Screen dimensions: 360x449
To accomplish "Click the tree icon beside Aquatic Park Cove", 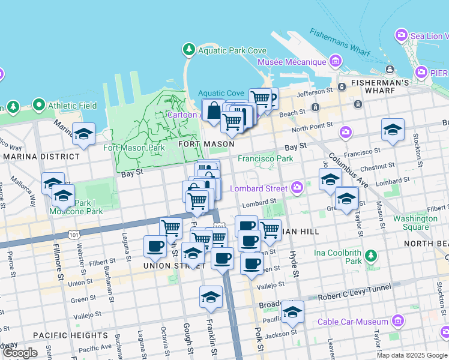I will click(x=189, y=49).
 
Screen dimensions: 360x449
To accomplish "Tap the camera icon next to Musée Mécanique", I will click(x=335, y=61).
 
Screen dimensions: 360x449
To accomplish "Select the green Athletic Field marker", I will click(x=40, y=106).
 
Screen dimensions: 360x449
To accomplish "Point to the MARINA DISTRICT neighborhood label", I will click(x=41, y=157).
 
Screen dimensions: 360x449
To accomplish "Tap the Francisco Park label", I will click(x=265, y=159).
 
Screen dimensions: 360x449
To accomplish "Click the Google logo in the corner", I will click(x=19, y=353).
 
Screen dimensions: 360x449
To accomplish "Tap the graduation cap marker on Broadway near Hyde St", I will click(x=292, y=312).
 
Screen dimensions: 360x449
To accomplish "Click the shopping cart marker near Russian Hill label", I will click(x=270, y=229).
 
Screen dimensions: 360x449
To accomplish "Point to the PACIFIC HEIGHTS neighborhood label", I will click(x=71, y=335).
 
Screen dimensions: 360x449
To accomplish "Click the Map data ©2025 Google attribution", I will click(x=412, y=355).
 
